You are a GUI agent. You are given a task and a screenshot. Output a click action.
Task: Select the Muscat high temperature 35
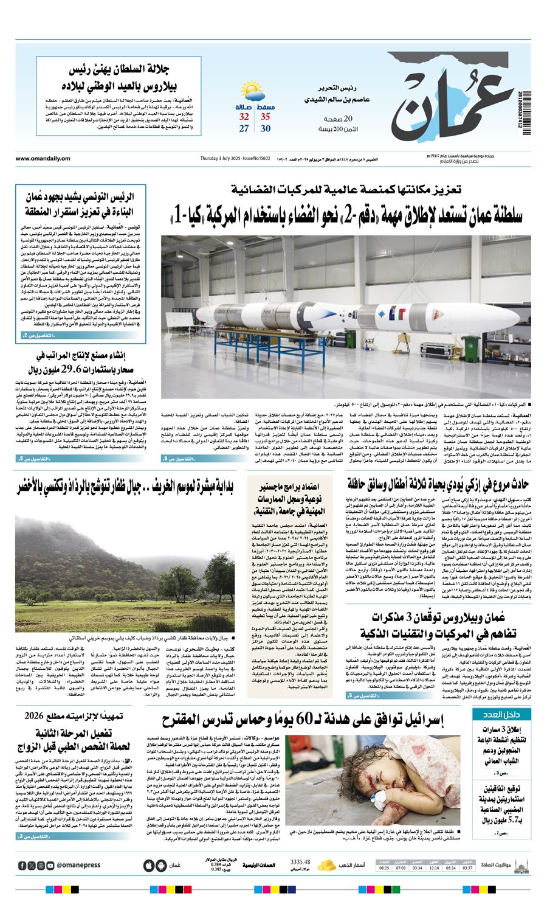pos(266,117)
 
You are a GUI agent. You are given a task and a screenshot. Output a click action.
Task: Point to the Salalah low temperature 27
pos(244,128)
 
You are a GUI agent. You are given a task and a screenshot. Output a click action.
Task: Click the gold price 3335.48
pos(300,862)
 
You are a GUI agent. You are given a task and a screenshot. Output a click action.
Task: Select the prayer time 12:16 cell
pos(434,868)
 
